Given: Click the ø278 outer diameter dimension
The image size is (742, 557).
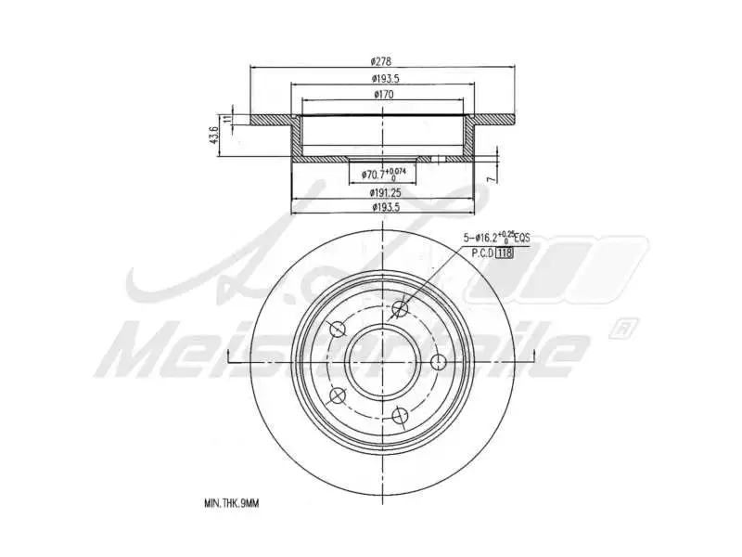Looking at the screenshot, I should (x=382, y=60).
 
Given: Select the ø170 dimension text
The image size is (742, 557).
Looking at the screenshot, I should (x=382, y=94).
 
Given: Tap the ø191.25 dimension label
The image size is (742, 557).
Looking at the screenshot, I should (x=382, y=192).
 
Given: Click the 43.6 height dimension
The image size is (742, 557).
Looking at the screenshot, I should (x=214, y=136).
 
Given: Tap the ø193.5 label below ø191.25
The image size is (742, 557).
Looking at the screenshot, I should (x=382, y=208).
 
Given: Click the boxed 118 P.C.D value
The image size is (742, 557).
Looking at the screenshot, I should (x=505, y=253).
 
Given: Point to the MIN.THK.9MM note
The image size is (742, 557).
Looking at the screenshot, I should (x=231, y=503).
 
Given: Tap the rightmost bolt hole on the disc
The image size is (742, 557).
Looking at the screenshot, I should (x=441, y=362).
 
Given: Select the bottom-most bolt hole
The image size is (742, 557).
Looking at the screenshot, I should (x=401, y=415).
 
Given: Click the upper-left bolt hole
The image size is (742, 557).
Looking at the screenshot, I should (x=338, y=330).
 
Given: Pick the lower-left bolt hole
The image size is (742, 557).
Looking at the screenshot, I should (x=338, y=395).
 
